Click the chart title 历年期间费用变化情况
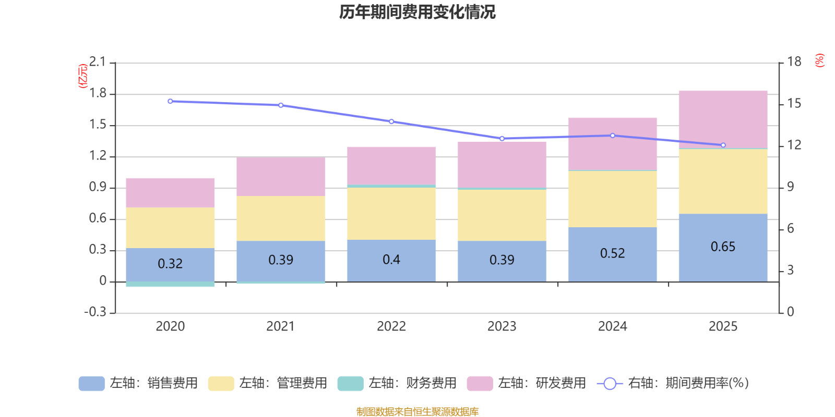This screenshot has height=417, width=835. pos(417,11)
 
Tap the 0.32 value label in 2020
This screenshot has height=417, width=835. pos(170,264)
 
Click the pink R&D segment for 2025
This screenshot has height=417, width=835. pos(723,119)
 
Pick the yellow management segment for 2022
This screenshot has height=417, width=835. pos(391,213)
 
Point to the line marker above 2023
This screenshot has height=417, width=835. pos(502,139)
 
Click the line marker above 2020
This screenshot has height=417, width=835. pos(170,101)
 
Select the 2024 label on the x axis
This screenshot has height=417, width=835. pos(612,326)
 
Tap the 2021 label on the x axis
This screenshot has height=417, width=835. pos(281,326)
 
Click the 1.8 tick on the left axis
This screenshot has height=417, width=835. pos(98,94)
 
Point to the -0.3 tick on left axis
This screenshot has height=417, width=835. pos(96,312)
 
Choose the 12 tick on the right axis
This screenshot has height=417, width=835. pos(794,145)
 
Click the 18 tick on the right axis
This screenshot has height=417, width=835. pos(794,62)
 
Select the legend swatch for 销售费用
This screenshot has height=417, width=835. pos(91,384)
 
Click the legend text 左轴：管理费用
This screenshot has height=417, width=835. pos(283,384)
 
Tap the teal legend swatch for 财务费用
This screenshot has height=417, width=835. pos(350,384)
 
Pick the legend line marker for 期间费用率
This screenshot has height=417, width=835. pos(610,384)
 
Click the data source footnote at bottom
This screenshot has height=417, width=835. pos(417,412)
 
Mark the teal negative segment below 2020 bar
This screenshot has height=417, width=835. pos(170,284)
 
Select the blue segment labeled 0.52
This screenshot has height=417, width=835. pos(612,254)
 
